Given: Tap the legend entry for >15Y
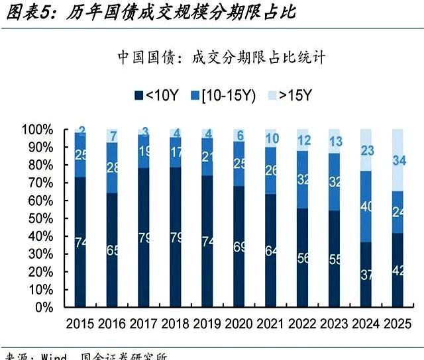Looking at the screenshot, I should tap(290, 95).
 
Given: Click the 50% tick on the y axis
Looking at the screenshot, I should tap(41, 218).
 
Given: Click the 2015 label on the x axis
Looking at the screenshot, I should tap(80, 324).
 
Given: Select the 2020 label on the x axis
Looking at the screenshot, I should tap(239, 324).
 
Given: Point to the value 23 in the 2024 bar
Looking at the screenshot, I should tap(366, 150).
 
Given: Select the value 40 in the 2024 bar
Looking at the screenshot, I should tap(366, 206).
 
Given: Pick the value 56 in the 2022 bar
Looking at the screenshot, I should tap(303, 258).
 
